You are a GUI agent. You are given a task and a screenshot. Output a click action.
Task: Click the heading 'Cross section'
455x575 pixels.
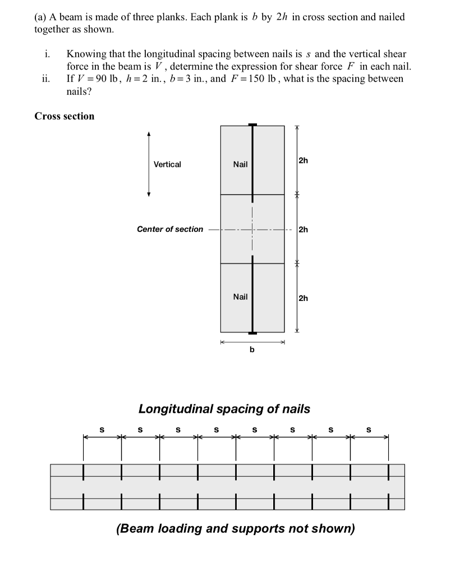tap(65, 116)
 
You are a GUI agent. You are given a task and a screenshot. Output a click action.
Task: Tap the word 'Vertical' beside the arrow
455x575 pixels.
tap(167, 165)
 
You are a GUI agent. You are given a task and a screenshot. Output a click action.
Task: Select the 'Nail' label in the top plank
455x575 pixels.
tap(240, 165)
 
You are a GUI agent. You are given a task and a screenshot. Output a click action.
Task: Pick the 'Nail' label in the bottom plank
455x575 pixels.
tap(240, 296)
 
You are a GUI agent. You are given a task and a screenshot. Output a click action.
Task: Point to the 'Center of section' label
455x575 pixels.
tap(170, 229)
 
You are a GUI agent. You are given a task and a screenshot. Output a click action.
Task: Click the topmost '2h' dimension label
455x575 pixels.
tap(303, 161)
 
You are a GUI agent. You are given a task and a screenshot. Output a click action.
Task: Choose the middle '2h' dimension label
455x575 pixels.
tap(303, 229)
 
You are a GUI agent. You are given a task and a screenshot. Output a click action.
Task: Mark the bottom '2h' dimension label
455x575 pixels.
tap(303, 298)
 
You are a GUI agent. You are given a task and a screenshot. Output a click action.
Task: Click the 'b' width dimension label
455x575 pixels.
tap(252, 350)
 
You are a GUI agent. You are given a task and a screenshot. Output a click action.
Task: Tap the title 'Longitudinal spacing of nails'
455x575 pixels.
tap(224, 409)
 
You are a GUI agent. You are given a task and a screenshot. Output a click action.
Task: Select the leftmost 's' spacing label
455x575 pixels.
tap(102, 430)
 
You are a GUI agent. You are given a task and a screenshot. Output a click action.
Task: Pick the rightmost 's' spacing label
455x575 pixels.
tap(369, 430)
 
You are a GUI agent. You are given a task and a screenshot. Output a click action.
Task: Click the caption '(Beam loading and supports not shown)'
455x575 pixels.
tap(236, 529)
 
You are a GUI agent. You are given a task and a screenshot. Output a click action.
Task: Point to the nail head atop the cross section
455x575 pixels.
tap(252, 125)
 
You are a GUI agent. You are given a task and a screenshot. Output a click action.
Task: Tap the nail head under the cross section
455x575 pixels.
tap(252, 334)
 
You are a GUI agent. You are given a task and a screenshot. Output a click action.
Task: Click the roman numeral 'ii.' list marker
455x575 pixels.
tap(47, 79)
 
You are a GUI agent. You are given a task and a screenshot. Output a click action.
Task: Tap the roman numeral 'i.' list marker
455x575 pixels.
tap(48, 54)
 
